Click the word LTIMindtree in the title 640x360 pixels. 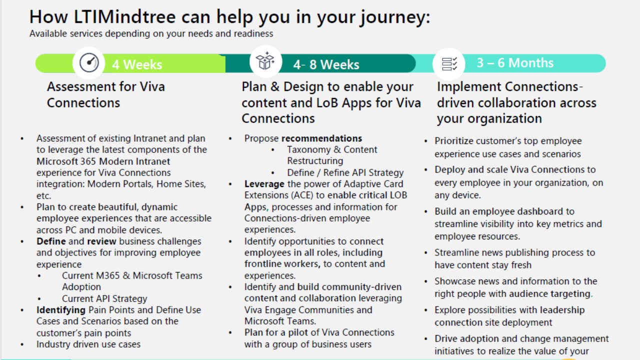tap(124, 17)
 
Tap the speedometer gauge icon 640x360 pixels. tap(89, 62)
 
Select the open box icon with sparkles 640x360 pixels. tap(265, 61)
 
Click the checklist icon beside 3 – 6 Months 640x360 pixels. tap(449, 63)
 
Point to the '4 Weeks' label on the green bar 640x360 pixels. tap(137, 64)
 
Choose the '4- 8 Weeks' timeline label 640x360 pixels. tap(326, 64)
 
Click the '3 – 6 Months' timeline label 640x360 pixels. tap(515, 63)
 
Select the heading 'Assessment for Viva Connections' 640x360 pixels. tap(106, 94)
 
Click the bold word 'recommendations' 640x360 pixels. tap(321, 138)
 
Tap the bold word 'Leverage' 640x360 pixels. tap(264, 184)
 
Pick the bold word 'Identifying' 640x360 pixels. tap(61, 310)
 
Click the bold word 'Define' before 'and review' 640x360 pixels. tap(51, 241)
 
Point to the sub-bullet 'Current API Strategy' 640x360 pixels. tap(104, 298)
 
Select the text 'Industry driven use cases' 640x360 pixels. tap(88, 344)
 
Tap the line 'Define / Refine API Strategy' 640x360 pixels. tap(345, 172)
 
